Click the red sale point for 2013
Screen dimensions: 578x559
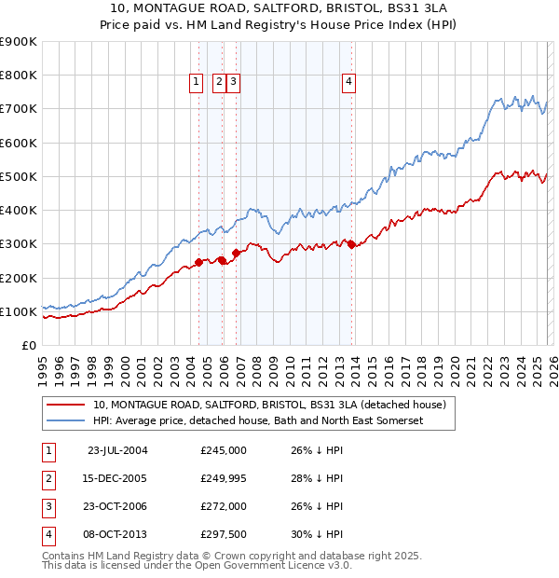pyautogui.click(x=351, y=244)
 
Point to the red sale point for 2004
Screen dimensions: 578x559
pyautogui.click(x=199, y=262)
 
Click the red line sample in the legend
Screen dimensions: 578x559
pyautogui.click(x=64, y=405)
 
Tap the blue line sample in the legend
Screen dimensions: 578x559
pyautogui.click(x=64, y=421)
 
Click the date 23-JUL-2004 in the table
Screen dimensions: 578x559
pyautogui.click(x=117, y=450)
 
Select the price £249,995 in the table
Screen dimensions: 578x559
pyautogui.click(x=224, y=478)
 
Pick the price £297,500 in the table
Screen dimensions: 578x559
pyautogui.click(x=224, y=534)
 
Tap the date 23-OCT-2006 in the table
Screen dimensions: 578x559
pyautogui.click(x=117, y=506)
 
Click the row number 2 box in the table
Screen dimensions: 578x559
pyautogui.click(x=47, y=478)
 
